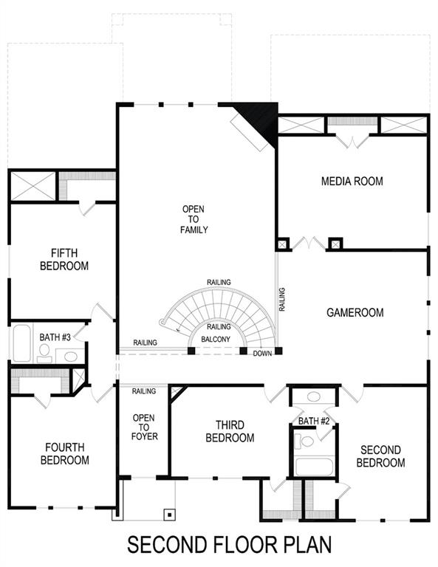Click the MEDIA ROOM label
[352, 181]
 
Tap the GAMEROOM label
[355, 313]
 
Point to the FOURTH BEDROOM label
[64, 453]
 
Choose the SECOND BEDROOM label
[380, 456]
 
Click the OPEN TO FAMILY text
[194, 219]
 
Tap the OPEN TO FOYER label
[143, 427]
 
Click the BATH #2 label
[313, 421]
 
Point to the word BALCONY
[218, 340]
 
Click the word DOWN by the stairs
[262, 354]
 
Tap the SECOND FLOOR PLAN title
[229, 545]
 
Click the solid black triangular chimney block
[262, 118]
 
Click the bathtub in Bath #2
[313, 467]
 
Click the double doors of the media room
[308, 243]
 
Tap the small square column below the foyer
[170, 514]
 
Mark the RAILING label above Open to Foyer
[143, 391]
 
